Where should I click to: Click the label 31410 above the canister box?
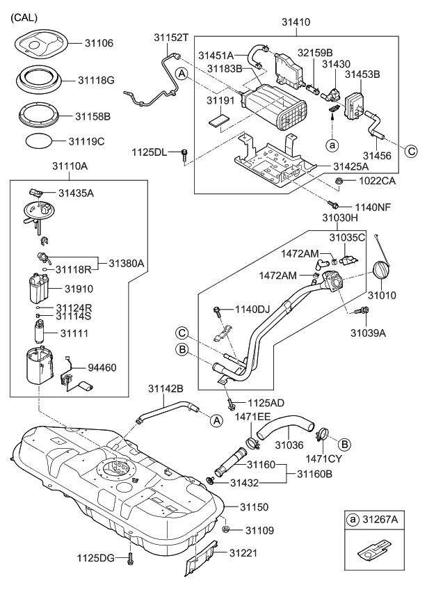tap(296, 23)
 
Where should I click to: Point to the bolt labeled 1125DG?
tap(130, 557)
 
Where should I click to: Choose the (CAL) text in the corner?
tap(24, 17)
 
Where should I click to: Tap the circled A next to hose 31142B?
tap(216, 420)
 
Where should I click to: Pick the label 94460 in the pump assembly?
tap(102, 367)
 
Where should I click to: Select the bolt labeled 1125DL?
tap(184, 153)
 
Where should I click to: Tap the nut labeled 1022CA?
tap(338, 182)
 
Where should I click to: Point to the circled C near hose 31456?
tap(411, 150)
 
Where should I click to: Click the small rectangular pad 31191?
tap(218, 119)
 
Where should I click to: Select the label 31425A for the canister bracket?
tap(352, 166)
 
